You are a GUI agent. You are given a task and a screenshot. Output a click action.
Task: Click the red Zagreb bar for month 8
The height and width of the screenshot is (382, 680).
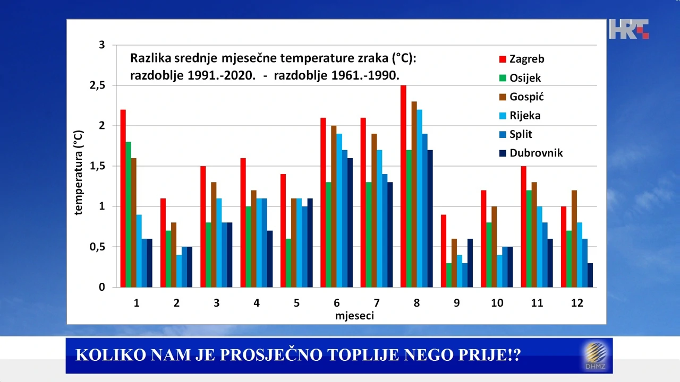(x=403, y=186)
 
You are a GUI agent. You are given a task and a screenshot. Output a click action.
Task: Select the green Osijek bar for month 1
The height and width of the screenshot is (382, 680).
(x=129, y=214)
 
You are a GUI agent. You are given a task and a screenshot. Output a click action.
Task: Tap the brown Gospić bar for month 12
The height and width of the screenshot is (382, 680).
(x=574, y=239)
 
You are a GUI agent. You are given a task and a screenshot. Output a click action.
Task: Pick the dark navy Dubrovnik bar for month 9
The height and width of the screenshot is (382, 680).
(x=470, y=263)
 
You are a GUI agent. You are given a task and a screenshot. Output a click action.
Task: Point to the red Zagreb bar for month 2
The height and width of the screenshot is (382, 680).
(x=163, y=243)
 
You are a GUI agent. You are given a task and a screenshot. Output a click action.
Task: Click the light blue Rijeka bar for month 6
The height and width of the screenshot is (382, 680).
(x=339, y=210)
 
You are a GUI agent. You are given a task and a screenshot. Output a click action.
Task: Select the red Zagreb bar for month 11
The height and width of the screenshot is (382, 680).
(x=523, y=227)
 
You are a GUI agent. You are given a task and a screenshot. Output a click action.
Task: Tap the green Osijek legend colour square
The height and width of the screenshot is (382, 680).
(x=503, y=78)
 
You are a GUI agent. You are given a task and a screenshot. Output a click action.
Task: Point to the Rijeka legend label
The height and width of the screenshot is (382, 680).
(x=525, y=115)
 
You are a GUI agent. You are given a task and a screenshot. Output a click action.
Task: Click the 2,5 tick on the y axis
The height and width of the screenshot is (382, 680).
(x=98, y=85)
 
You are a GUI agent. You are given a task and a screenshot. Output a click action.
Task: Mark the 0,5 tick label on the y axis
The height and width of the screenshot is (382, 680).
(x=98, y=247)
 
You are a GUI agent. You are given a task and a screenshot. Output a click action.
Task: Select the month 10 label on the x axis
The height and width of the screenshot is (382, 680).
(x=497, y=303)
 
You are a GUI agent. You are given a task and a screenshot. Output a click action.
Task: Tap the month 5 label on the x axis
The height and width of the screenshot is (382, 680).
(x=296, y=303)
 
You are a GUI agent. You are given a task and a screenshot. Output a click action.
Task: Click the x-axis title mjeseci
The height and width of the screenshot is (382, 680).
(x=354, y=316)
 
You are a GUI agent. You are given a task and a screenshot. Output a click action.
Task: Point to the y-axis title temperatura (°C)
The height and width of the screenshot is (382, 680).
(x=79, y=172)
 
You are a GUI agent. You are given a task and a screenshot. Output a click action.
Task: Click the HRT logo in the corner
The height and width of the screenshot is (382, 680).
(x=629, y=29)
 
